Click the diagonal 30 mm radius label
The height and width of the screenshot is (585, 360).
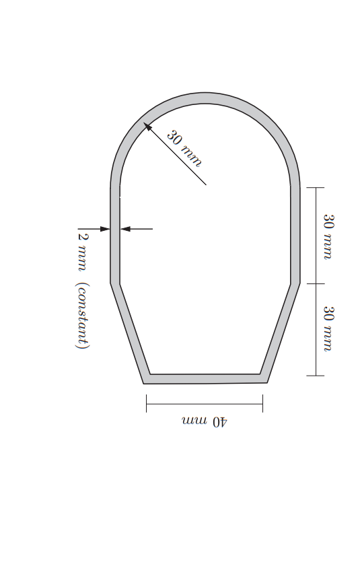coord(184,148)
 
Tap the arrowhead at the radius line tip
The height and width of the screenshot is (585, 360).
coord(147,126)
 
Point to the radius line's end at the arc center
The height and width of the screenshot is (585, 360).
coord(205,184)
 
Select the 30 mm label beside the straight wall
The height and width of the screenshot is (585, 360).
coord(328,236)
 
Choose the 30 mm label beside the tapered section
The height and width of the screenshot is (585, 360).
coord(328,329)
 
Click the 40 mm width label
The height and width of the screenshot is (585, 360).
coord(205,421)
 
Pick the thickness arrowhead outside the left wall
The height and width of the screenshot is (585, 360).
coord(105,229)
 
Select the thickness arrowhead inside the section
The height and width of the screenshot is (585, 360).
coord(126,229)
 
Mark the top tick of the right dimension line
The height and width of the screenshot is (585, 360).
coord(316,188)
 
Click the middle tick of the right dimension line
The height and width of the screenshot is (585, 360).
coord(316,283)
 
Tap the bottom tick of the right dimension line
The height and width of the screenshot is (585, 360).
coord(316,376)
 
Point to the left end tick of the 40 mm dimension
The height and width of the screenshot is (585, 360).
coord(147,404)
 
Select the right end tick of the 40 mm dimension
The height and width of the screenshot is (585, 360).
coord(262,404)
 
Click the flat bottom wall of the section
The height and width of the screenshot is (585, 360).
coord(205,379)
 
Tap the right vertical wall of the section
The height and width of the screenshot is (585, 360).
coord(295,236)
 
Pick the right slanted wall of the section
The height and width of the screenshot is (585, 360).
coord(280,330)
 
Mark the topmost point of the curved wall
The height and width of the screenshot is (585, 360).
coord(205,98)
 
